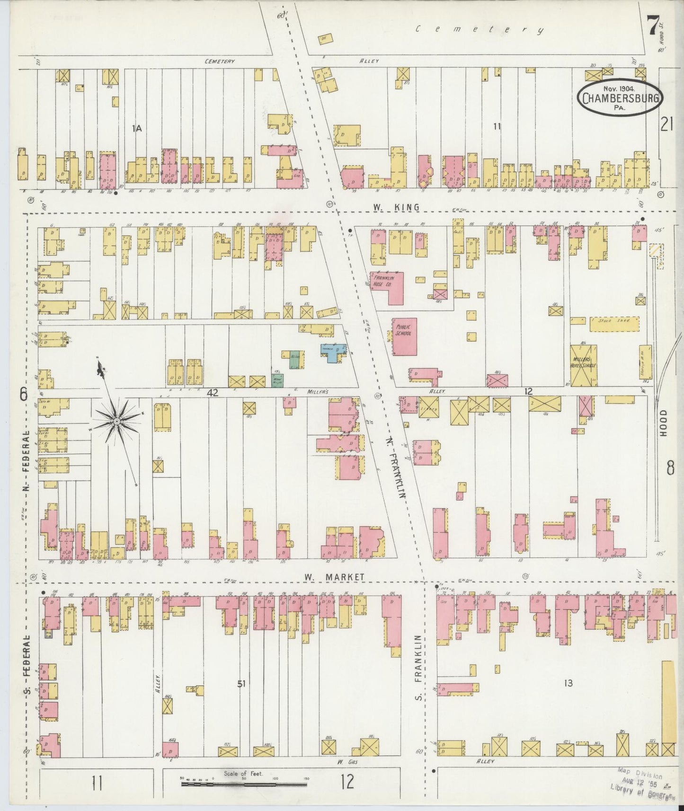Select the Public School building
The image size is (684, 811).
coord(404,336)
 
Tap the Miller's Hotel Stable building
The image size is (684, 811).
coord(584,365)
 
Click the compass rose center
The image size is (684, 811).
coord(116,420)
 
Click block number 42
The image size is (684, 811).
coord(212,392)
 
